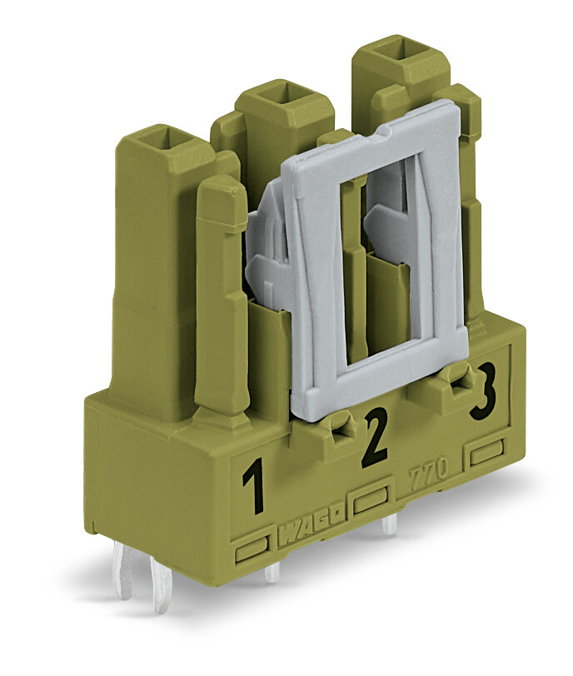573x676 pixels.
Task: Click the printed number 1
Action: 254,486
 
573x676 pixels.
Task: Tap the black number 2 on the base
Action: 376,437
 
